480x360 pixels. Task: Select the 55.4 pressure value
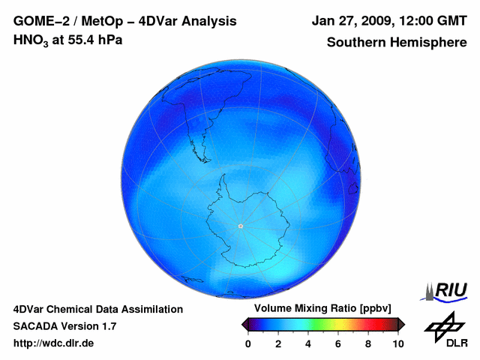81,40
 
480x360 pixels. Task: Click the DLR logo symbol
443,324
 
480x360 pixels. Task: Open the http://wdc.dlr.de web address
54,343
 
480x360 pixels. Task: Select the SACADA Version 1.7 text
64,326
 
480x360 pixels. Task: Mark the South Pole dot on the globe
240,226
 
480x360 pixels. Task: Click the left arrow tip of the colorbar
244,324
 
